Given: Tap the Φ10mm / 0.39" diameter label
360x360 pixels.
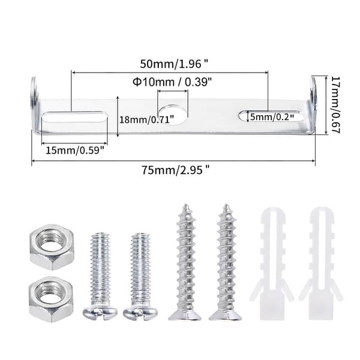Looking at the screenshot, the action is tap(172, 82).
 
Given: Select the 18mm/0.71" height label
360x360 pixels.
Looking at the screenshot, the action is tap(147, 119).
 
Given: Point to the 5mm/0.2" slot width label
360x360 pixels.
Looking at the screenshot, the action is tap(272, 117).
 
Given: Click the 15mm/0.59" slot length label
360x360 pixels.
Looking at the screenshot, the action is tap(76, 151).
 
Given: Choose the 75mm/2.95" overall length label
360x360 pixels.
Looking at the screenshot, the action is tap(176, 170).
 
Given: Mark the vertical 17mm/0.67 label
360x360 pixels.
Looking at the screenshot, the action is tap(335, 104).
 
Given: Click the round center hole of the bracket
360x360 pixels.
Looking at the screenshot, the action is tap(173, 115).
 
